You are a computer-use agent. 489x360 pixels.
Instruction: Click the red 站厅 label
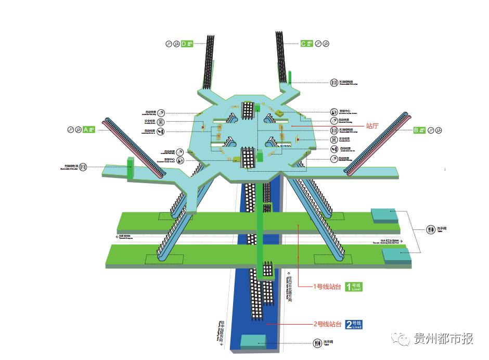pos(372,125)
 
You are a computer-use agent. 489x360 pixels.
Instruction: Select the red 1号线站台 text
pos(327,287)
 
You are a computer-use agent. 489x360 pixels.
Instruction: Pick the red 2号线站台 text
pos(327,324)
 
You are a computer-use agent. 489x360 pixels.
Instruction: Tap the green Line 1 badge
pos(354,286)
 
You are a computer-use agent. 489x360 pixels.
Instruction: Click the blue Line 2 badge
pos(354,325)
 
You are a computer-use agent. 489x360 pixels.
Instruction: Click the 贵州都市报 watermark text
pos(443,339)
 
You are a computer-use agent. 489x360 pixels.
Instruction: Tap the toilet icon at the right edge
pos(430,229)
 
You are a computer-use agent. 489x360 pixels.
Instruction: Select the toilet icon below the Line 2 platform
pos(317,342)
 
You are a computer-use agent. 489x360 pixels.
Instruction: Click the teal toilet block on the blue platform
pos(253,341)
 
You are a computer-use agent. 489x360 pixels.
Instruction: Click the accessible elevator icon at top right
pos(334,82)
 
